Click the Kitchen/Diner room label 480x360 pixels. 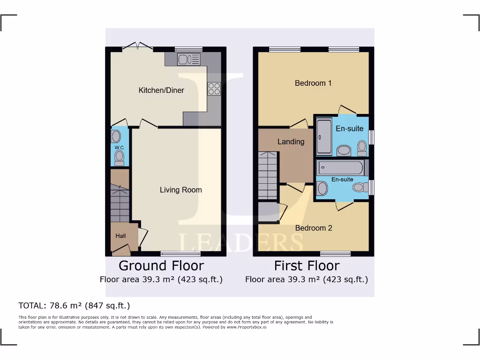click(x=161, y=90)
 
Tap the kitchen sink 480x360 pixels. click(x=188, y=59)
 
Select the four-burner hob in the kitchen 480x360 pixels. click(x=214, y=89)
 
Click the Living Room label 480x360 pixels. click(x=180, y=190)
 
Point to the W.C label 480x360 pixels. click(x=119, y=147)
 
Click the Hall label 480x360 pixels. click(x=120, y=236)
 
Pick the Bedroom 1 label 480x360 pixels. click(x=313, y=83)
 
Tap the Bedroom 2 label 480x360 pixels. click(x=313, y=228)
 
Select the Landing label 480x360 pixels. click(x=291, y=142)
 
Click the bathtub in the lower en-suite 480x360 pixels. click(x=340, y=167)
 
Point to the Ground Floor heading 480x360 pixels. click(x=161, y=266)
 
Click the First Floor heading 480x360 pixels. click(x=307, y=266)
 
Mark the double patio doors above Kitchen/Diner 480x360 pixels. click(x=138, y=46)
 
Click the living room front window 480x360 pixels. click(x=174, y=254)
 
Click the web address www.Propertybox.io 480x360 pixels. click(x=247, y=327)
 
